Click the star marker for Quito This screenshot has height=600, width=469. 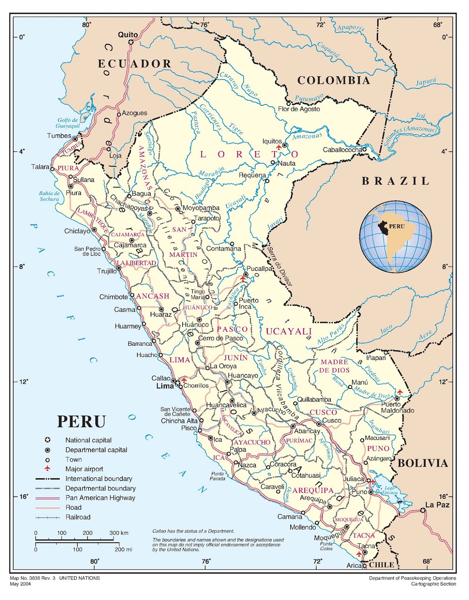point(131,42)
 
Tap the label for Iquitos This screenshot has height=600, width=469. point(272,141)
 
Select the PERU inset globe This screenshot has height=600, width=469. point(395,236)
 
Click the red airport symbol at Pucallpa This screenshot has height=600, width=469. point(243,279)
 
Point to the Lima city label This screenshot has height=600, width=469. point(165,386)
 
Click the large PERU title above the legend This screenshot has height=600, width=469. point(81,421)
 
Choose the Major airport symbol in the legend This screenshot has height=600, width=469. point(47,469)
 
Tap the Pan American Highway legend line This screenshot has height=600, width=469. point(47,498)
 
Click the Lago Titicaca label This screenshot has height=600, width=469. point(389,490)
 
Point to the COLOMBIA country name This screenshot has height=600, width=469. point(333,80)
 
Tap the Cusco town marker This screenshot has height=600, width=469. point(318,424)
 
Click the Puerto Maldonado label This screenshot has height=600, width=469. point(397,408)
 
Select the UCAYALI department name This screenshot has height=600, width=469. point(289,331)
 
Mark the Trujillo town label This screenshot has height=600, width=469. point(107,271)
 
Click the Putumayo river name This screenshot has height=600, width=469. point(309,98)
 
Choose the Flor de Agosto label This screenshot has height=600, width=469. point(299,109)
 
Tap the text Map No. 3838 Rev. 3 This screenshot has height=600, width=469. point(33,578)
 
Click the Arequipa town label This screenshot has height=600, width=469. point(313,499)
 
